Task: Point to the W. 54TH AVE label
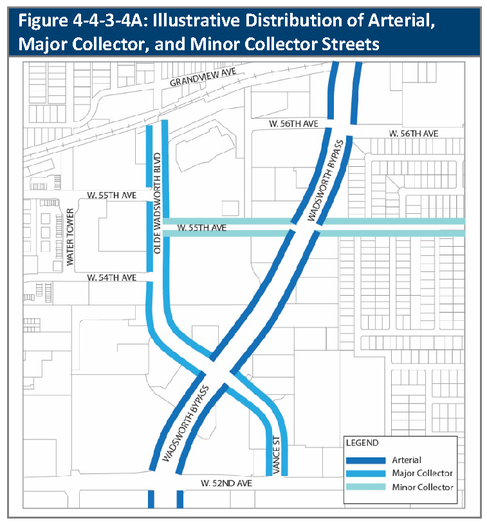113,278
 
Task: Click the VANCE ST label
275,455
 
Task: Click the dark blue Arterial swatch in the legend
365,460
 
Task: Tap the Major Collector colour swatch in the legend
365,473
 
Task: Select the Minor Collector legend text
422,487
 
